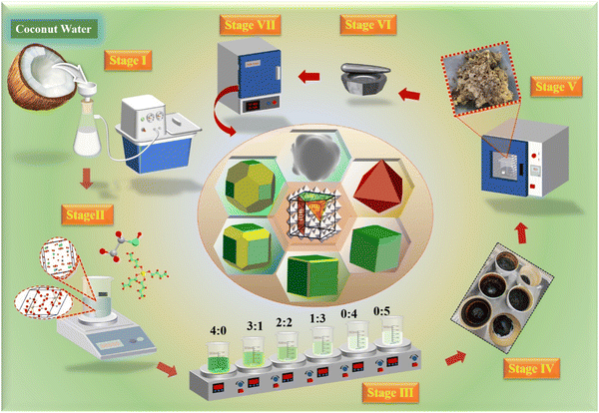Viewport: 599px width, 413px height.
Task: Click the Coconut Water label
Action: coord(54,29)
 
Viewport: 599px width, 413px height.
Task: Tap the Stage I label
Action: coord(128,60)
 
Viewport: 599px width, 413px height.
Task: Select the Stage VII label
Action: coord(250,25)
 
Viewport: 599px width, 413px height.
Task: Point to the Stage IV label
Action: coord(531,368)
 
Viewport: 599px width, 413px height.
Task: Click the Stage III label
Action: coord(390,393)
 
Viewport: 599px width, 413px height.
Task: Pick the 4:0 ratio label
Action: coord(218,330)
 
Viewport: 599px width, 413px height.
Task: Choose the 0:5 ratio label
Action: coord(381,311)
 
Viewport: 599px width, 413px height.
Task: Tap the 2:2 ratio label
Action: coord(284,323)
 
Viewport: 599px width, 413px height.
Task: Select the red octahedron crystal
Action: coord(377,187)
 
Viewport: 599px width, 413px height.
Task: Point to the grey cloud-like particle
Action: coord(315,157)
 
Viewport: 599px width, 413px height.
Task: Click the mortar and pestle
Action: coord(365,79)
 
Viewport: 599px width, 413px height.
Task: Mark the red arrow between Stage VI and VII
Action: coord(309,77)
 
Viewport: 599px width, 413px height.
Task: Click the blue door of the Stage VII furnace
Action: coord(260,75)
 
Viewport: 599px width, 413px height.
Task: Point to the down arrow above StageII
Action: coord(86,180)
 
